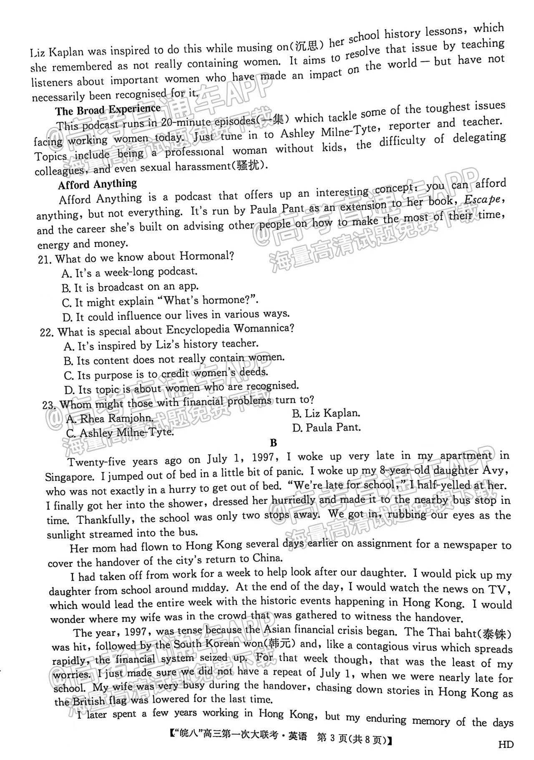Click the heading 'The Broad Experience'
coord(108,110)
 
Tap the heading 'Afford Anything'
coord(98,184)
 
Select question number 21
coord(45,259)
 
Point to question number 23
coord(49,405)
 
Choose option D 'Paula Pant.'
coord(326,428)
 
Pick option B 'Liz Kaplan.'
coord(326,413)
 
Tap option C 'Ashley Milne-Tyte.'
coord(120,433)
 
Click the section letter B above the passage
coord(273,443)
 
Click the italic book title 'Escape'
coord(482,200)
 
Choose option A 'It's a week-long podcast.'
coord(129,272)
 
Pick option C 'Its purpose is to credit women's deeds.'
coord(166,374)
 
